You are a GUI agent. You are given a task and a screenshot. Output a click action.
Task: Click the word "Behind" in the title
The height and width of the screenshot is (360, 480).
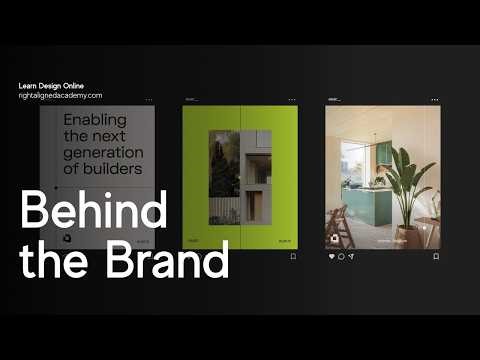pos(93,214)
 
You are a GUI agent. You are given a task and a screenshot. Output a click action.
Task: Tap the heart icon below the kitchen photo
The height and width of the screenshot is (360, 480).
pos(332,256)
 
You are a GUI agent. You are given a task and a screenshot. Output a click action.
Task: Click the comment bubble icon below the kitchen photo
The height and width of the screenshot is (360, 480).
pos(341,256)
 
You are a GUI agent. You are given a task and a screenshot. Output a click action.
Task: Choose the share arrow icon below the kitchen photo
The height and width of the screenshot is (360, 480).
pos(351,256)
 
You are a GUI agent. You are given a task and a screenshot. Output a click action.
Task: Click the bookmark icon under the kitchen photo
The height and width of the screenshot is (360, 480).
pos(435,256)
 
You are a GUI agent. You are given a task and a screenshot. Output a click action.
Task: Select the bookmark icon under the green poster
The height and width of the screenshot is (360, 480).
pos(292,256)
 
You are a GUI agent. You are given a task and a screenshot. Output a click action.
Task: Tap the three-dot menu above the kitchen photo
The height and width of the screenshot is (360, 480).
pos(435,100)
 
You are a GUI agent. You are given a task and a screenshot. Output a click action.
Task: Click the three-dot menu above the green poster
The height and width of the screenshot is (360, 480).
pos(292,100)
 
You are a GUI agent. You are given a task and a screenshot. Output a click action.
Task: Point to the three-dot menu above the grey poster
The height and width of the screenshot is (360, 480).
pos(149,100)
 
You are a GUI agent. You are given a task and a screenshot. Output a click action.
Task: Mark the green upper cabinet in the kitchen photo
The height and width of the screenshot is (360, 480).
pos(383,153)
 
